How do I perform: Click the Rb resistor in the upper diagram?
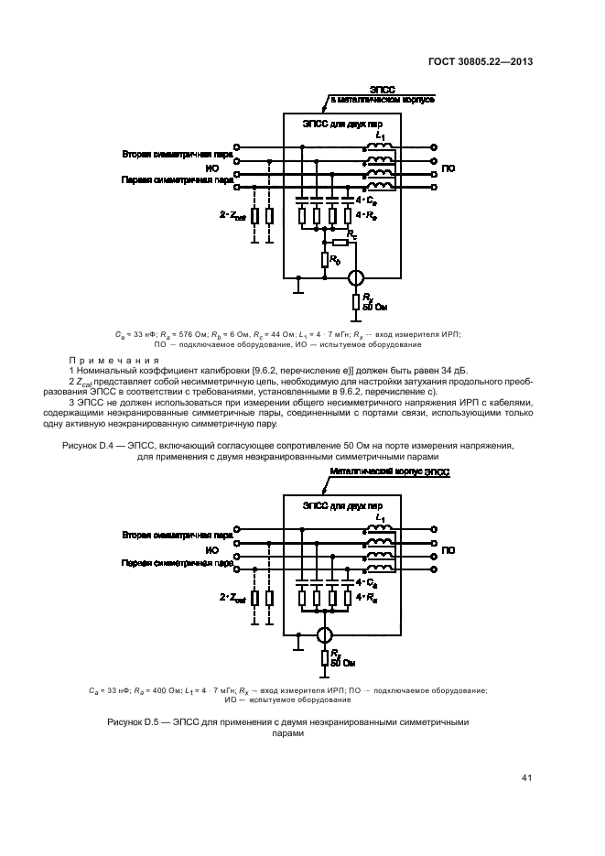pos(325,260)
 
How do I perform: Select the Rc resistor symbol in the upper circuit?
pos(340,242)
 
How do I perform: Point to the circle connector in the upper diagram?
pos(358,277)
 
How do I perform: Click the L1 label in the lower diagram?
pos(379,517)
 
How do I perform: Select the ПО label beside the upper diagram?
pos(448,169)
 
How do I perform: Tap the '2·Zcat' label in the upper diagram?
pos(232,215)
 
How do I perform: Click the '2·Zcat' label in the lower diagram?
pos(232,597)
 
